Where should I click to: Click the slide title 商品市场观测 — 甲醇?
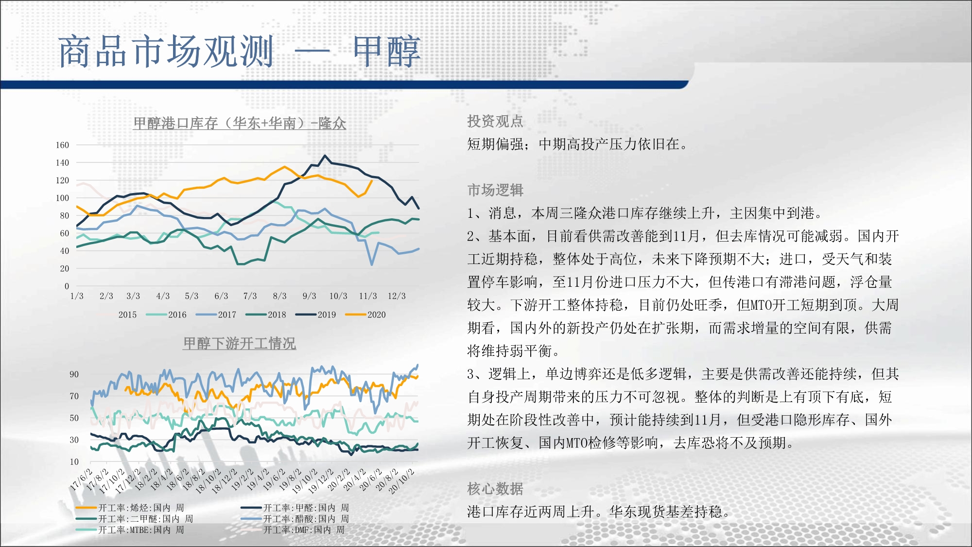tap(240, 51)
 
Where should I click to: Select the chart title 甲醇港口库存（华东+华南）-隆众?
tap(240, 124)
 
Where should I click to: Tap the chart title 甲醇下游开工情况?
tap(240, 344)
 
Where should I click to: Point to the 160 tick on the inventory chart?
tap(62, 145)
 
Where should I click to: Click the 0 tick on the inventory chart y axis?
tap(67, 286)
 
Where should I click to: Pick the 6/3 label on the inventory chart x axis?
tap(221, 296)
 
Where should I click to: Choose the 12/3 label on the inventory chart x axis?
tap(397, 296)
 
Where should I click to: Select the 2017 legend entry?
tap(216, 315)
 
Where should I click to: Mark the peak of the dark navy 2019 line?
tap(325, 156)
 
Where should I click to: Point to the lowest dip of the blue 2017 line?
tap(372, 265)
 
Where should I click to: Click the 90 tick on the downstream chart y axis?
tap(74, 374)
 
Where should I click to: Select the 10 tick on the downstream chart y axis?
tap(74, 462)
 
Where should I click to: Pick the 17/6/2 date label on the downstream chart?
tap(81, 479)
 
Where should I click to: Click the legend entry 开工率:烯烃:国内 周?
tap(130, 508)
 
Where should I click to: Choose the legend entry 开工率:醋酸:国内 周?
tap(295, 519)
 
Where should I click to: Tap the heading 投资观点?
tap(495, 121)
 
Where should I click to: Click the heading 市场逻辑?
tap(495, 190)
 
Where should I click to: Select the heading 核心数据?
tap(495, 489)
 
